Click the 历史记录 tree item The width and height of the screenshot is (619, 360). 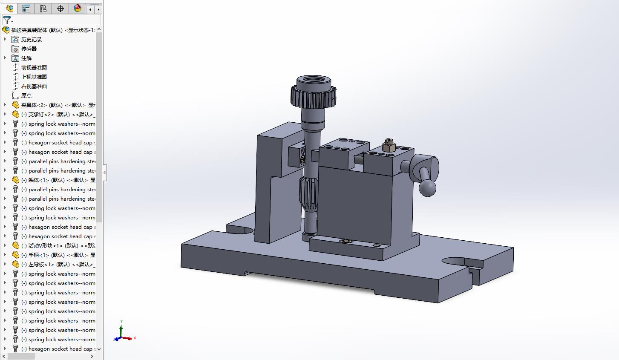(31, 39)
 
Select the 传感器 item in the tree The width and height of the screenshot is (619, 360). (29, 49)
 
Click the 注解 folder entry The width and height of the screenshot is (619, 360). (26, 58)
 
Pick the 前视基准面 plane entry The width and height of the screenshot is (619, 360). (34, 67)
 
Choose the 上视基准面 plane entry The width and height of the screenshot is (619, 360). (34, 77)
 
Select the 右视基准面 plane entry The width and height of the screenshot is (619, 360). (34, 86)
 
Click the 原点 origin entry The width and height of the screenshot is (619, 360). (26, 95)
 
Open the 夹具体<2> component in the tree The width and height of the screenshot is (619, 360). (51, 105)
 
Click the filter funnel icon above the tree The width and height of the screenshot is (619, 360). (7, 20)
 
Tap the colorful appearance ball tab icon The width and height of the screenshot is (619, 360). (77, 9)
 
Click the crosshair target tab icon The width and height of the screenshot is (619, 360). (60, 9)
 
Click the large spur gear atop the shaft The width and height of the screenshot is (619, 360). (314, 97)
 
